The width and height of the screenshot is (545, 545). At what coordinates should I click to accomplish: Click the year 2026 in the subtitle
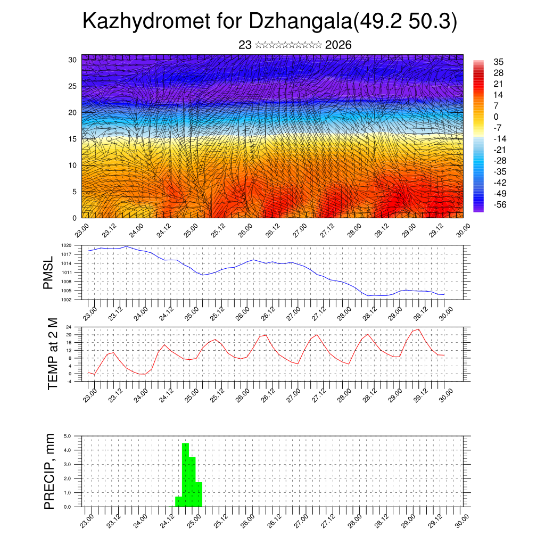pyautogui.click(x=338, y=45)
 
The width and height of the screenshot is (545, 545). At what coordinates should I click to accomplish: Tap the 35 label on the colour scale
pyautogui.click(x=499, y=62)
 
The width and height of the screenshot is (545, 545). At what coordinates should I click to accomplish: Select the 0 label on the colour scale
pyautogui.click(x=496, y=117)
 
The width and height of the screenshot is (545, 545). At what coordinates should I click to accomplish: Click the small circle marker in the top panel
pyautogui.click(x=109, y=139)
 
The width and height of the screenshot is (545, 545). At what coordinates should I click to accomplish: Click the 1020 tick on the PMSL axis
pyautogui.click(x=66, y=245)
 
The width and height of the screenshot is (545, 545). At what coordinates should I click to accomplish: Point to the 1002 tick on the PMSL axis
pyautogui.click(x=66, y=300)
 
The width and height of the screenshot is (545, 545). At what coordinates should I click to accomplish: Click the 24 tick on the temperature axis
pyautogui.click(x=69, y=327)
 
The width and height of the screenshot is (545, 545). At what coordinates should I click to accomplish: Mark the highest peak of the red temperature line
pyautogui.click(x=419, y=329)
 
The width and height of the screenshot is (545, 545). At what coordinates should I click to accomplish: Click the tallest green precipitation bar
pyautogui.click(x=186, y=474)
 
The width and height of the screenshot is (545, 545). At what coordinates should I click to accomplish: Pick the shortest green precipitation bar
pyautogui.click(x=179, y=501)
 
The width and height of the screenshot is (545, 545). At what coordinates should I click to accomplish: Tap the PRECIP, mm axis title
pyautogui.click(x=49, y=471)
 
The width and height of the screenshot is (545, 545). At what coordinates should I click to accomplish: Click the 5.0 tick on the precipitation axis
pyautogui.click(x=68, y=436)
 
